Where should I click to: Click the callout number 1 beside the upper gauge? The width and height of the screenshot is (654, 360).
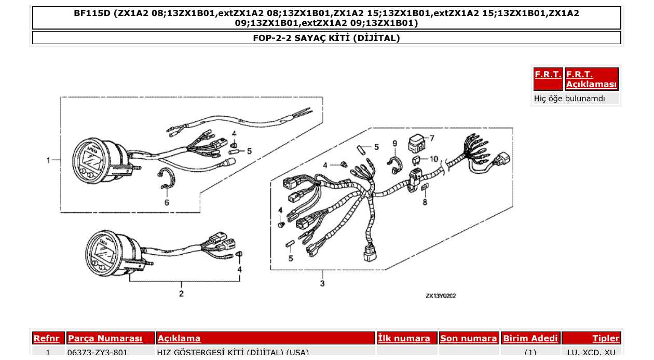[48, 160]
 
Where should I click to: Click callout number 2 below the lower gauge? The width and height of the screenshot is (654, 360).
[181, 294]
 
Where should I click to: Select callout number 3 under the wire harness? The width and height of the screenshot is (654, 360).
[322, 283]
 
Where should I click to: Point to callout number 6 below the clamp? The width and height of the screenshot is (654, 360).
[167, 202]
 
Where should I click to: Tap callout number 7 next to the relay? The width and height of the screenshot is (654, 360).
[431, 138]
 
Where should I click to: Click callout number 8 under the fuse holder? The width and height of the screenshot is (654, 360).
[425, 202]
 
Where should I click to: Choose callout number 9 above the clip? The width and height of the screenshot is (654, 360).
[394, 143]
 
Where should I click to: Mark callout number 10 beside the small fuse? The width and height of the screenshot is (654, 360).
[433, 159]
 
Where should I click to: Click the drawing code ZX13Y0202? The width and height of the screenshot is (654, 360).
[441, 296]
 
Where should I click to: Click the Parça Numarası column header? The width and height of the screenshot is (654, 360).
[105, 338]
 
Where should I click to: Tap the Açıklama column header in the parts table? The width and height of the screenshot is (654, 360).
[179, 338]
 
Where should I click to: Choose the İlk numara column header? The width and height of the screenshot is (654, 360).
[404, 338]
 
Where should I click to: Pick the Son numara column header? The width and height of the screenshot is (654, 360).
[468, 338]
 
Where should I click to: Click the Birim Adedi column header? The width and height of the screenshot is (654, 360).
[530, 338]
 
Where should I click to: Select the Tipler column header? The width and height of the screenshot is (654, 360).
[606, 338]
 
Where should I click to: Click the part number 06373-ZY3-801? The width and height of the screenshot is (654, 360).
[98, 353]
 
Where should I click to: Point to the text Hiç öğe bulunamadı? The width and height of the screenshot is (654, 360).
[569, 98]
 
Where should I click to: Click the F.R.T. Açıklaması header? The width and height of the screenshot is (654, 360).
[591, 79]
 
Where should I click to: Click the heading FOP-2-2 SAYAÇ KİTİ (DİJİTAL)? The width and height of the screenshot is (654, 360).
[326, 38]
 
